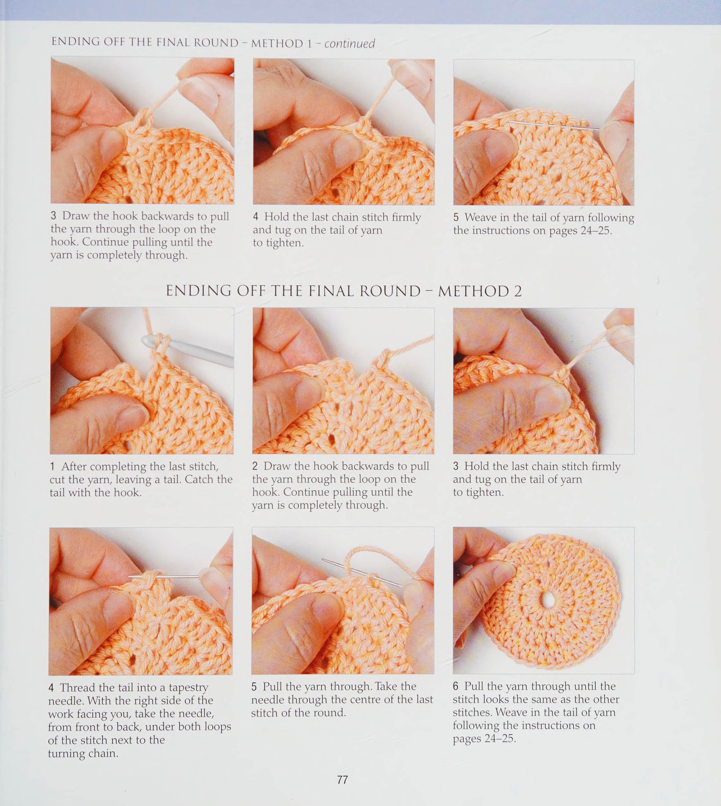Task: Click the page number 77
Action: (x=342, y=780)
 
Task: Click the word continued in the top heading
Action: (x=349, y=43)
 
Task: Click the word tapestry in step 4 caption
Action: (x=188, y=688)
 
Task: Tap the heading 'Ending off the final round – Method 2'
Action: (x=344, y=291)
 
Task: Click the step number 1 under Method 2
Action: (x=52, y=466)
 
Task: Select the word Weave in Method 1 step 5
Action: (x=481, y=217)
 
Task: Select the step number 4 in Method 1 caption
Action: (x=255, y=217)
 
